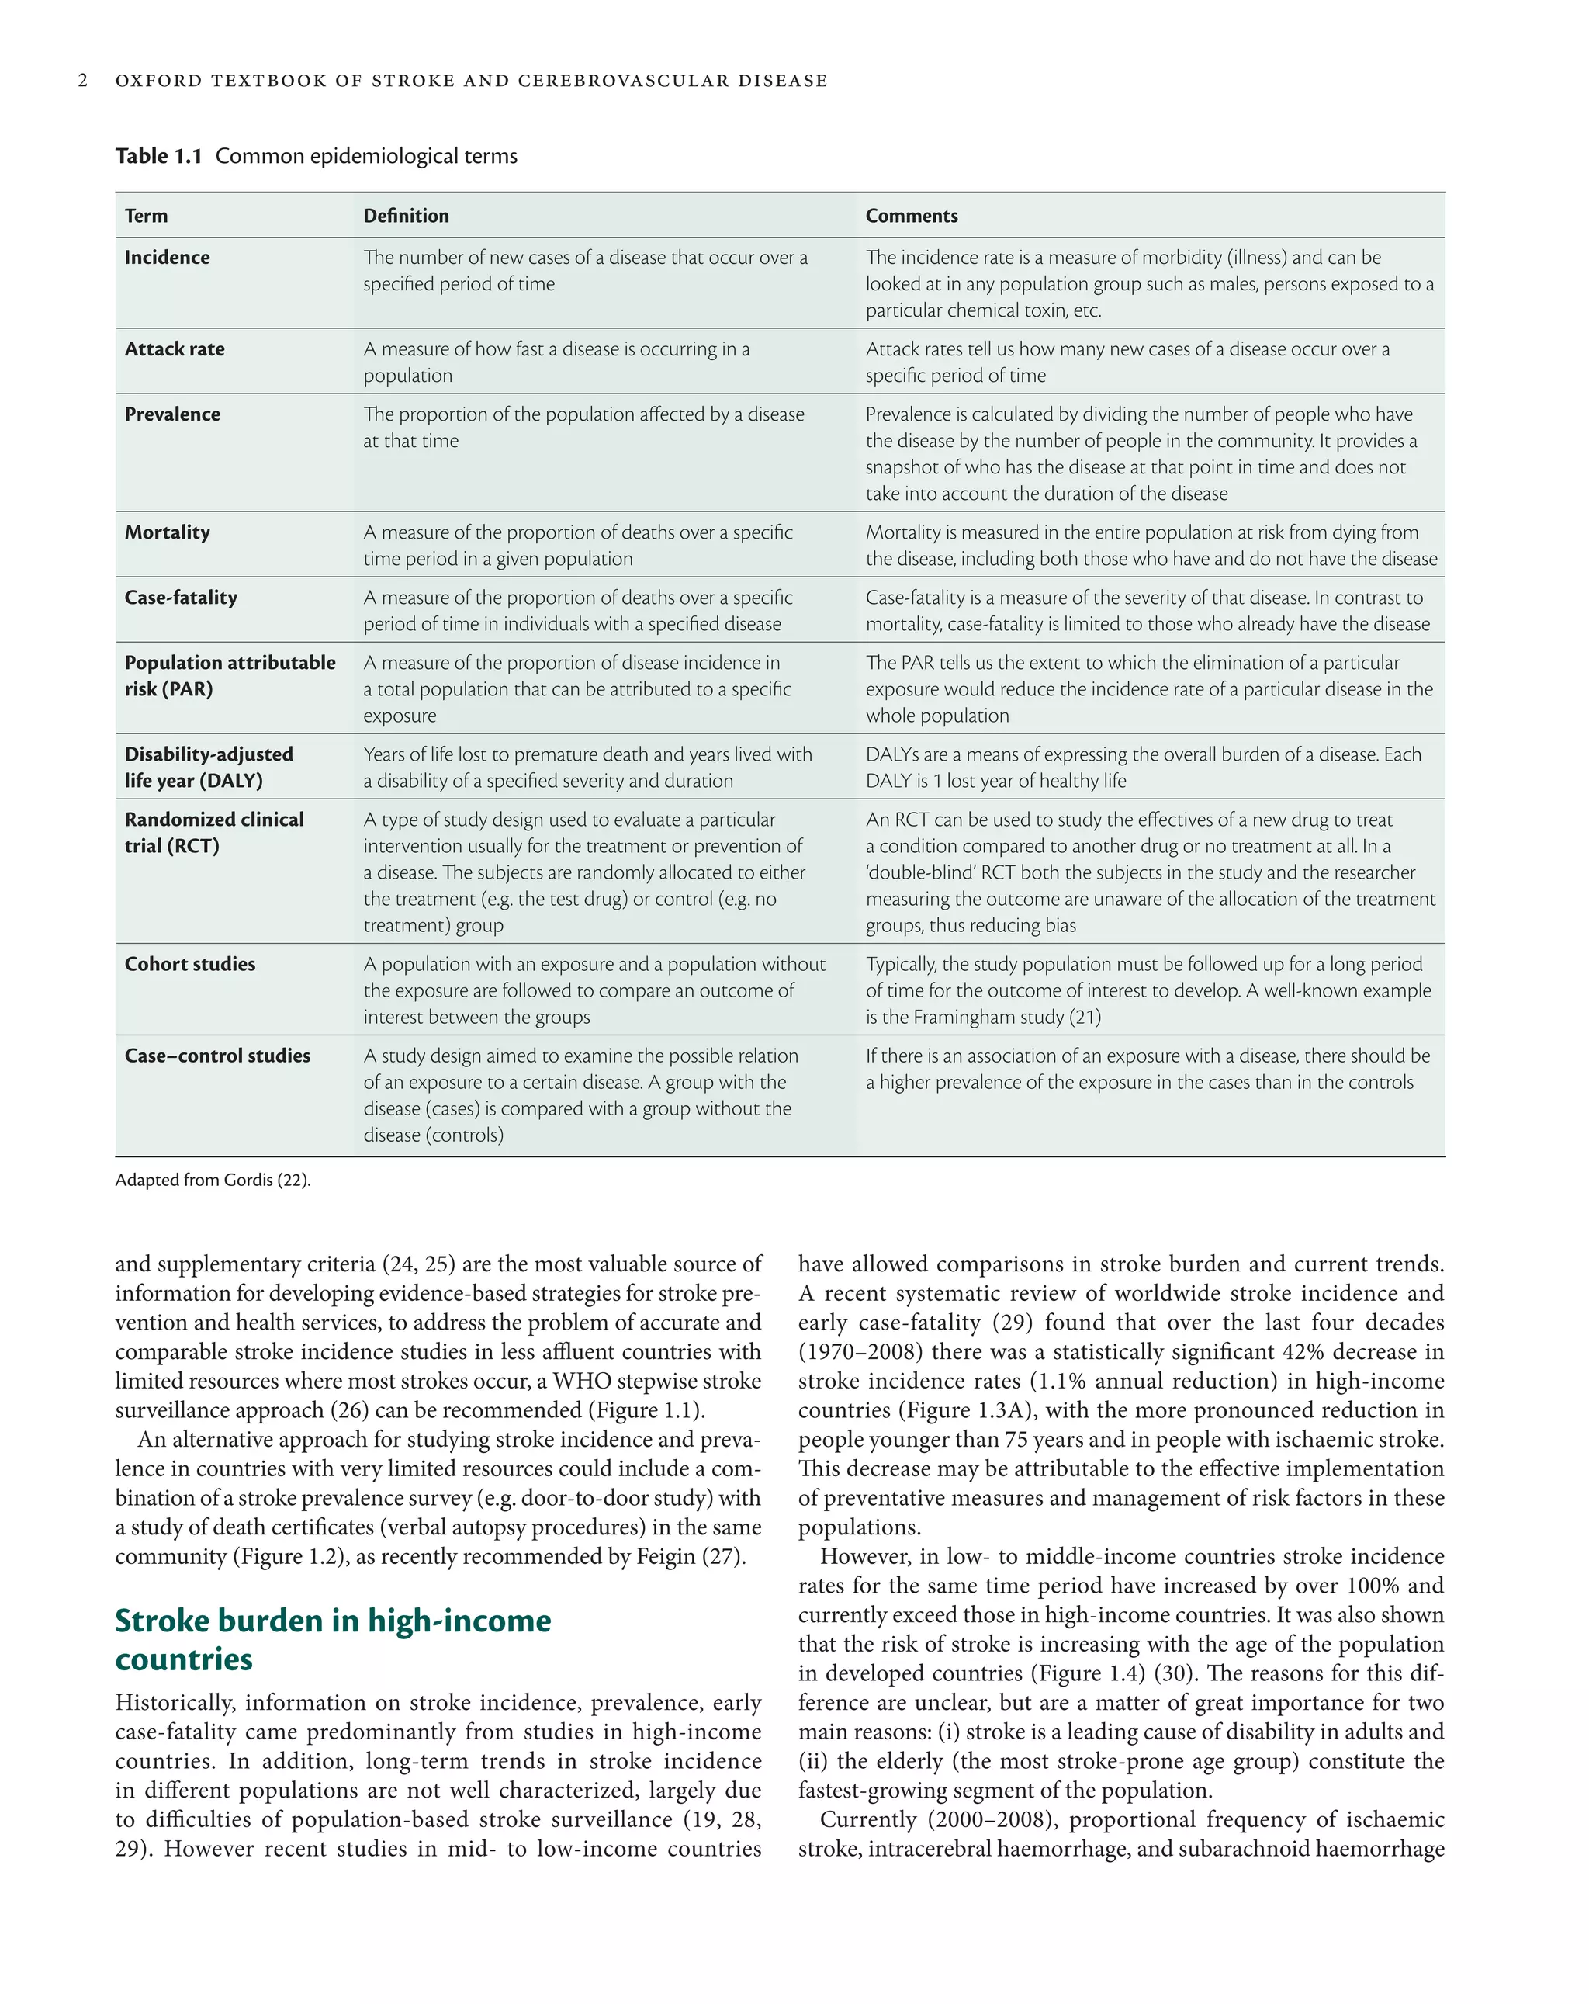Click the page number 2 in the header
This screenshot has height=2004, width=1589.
83,81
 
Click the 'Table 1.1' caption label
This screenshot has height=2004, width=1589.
158,156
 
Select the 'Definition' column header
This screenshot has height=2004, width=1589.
405,216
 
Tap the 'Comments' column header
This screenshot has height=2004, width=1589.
911,216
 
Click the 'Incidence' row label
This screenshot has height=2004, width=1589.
168,258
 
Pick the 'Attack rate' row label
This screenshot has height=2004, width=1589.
175,349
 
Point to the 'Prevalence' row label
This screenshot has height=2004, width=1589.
172,414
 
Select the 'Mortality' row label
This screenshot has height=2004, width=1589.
168,532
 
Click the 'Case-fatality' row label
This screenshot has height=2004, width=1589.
180,598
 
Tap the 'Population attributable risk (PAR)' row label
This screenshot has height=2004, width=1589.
230,676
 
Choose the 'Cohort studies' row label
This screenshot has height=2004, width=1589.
189,964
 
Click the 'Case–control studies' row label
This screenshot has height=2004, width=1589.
217,1056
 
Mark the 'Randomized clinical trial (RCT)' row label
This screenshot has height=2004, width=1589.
213,833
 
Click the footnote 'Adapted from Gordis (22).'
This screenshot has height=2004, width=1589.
213,1181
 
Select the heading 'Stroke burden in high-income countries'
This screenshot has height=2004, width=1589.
333,1640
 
